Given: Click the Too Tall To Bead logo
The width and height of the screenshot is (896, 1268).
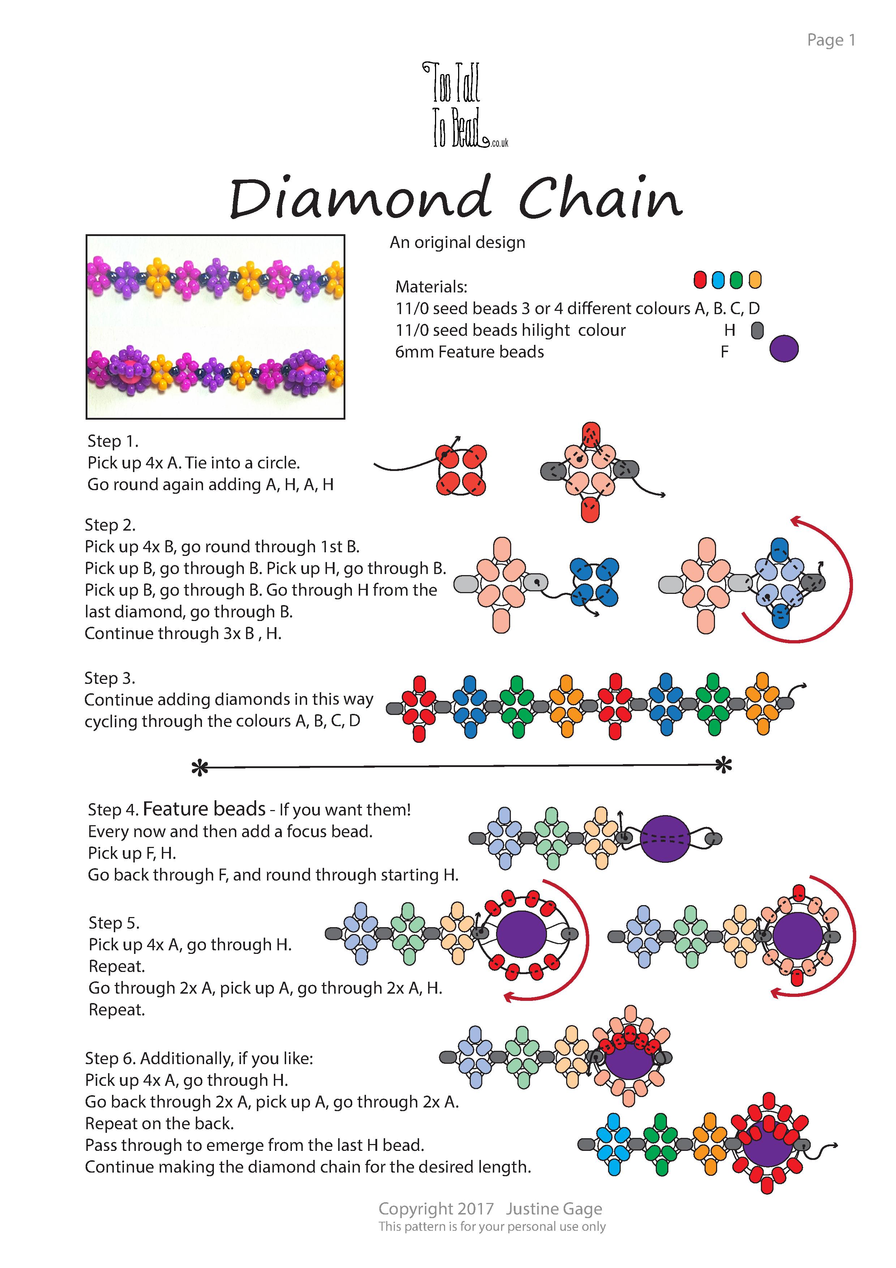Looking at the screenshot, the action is point(465,105).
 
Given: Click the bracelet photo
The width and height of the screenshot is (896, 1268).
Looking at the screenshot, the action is point(215,327).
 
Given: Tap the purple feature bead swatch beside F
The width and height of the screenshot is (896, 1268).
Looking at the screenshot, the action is point(784,349).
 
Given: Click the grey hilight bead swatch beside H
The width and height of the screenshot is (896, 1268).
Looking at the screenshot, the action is point(757,330).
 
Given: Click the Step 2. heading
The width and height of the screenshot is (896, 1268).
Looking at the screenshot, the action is point(110,524).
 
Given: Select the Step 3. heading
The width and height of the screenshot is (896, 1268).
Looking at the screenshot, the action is point(110,678).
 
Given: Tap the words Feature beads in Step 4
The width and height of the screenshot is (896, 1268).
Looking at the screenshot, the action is point(204,809).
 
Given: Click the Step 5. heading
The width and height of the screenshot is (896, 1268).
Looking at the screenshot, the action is point(114,923).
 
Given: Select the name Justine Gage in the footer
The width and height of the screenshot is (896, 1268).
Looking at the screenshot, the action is point(554,1209).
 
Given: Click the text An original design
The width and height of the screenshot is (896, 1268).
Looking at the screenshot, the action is point(458,243).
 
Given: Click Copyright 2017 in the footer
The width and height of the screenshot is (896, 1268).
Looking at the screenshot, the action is point(436,1209).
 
